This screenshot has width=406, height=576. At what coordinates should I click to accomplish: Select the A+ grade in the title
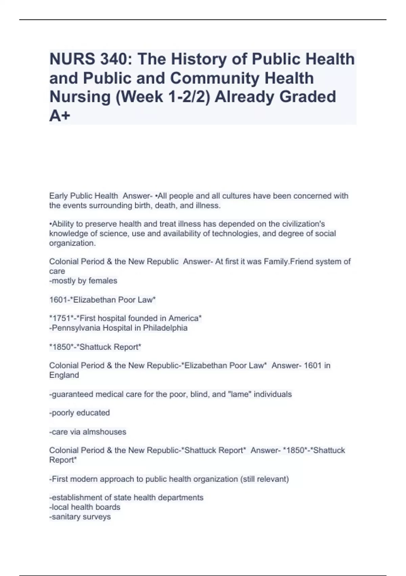(60, 116)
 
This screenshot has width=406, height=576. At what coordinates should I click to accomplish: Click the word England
(64, 375)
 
